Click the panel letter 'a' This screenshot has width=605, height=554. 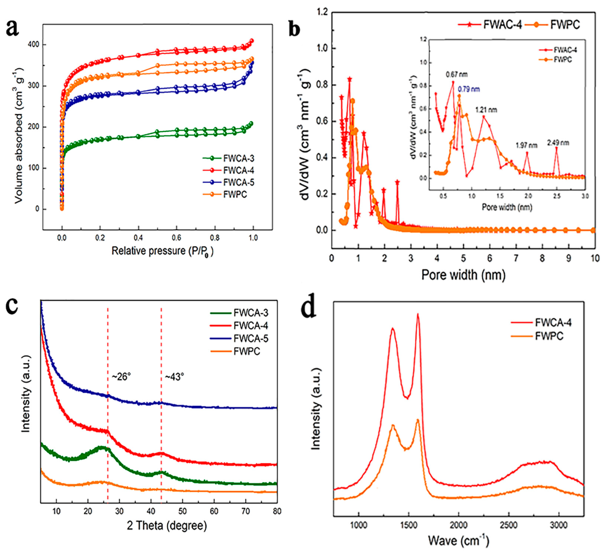13,29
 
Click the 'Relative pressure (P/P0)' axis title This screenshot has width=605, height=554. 162,251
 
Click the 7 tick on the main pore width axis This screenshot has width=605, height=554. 516,258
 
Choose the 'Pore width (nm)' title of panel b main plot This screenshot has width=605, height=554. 463,275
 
